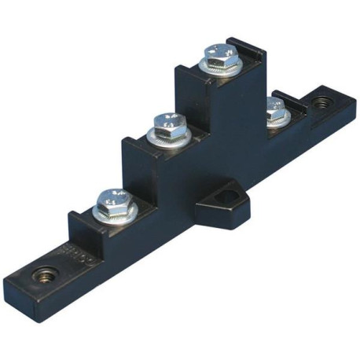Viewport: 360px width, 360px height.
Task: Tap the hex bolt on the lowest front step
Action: click(x=114, y=200)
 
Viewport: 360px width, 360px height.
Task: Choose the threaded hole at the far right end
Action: click(x=321, y=102)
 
